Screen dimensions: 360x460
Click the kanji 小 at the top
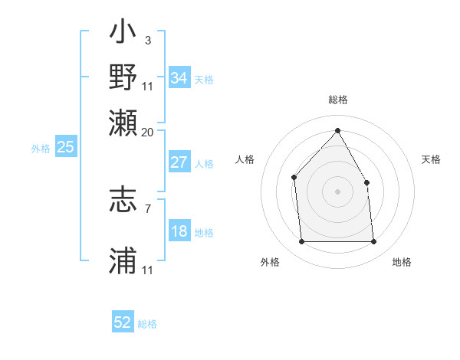[x=123, y=35]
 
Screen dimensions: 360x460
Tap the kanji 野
[x=123, y=79]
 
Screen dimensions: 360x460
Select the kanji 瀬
[x=123, y=123]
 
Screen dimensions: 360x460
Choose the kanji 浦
[x=123, y=261]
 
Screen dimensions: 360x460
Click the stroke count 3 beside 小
[x=147, y=39]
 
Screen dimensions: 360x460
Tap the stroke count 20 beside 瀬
[x=148, y=131]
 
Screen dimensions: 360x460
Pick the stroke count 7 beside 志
[x=147, y=208]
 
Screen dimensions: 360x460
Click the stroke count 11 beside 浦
[x=148, y=270]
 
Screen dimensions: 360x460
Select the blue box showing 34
[x=179, y=78]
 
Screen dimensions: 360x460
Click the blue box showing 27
[x=179, y=162]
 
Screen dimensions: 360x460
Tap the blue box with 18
[x=179, y=232]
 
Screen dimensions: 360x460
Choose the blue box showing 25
[x=65, y=148]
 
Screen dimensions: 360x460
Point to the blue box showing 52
[x=123, y=322]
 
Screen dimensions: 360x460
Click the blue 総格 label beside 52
[x=147, y=324]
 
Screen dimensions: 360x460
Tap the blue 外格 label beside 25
[x=40, y=149]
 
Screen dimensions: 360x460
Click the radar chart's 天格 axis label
[x=431, y=159]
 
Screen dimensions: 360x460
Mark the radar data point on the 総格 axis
[x=337, y=130]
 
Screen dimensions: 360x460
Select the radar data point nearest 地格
[x=373, y=242]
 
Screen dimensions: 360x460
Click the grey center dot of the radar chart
[x=337, y=191]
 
